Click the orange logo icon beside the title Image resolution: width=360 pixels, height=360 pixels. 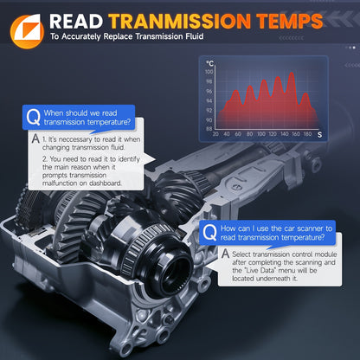[27, 32]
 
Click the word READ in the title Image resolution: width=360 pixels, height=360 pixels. [76, 22]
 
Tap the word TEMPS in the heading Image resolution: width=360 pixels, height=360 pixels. [290, 22]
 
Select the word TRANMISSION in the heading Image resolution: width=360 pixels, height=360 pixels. [179, 22]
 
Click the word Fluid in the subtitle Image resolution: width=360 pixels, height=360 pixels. [195, 36]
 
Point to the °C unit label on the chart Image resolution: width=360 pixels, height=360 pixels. [209, 63]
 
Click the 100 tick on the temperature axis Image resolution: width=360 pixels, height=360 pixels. [209, 72]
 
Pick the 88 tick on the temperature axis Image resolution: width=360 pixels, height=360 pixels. [209, 129]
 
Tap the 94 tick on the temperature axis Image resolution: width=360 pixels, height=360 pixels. [209, 100]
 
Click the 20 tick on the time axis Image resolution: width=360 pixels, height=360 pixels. [215, 134]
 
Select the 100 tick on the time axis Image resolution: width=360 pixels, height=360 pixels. [261, 134]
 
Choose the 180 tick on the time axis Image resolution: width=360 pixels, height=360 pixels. [307, 134]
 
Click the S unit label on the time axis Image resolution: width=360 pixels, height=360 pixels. [319, 135]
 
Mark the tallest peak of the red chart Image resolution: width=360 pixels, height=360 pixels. [292, 73]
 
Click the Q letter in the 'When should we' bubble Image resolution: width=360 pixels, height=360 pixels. [33, 117]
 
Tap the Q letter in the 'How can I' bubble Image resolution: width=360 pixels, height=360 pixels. [209, 233]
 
